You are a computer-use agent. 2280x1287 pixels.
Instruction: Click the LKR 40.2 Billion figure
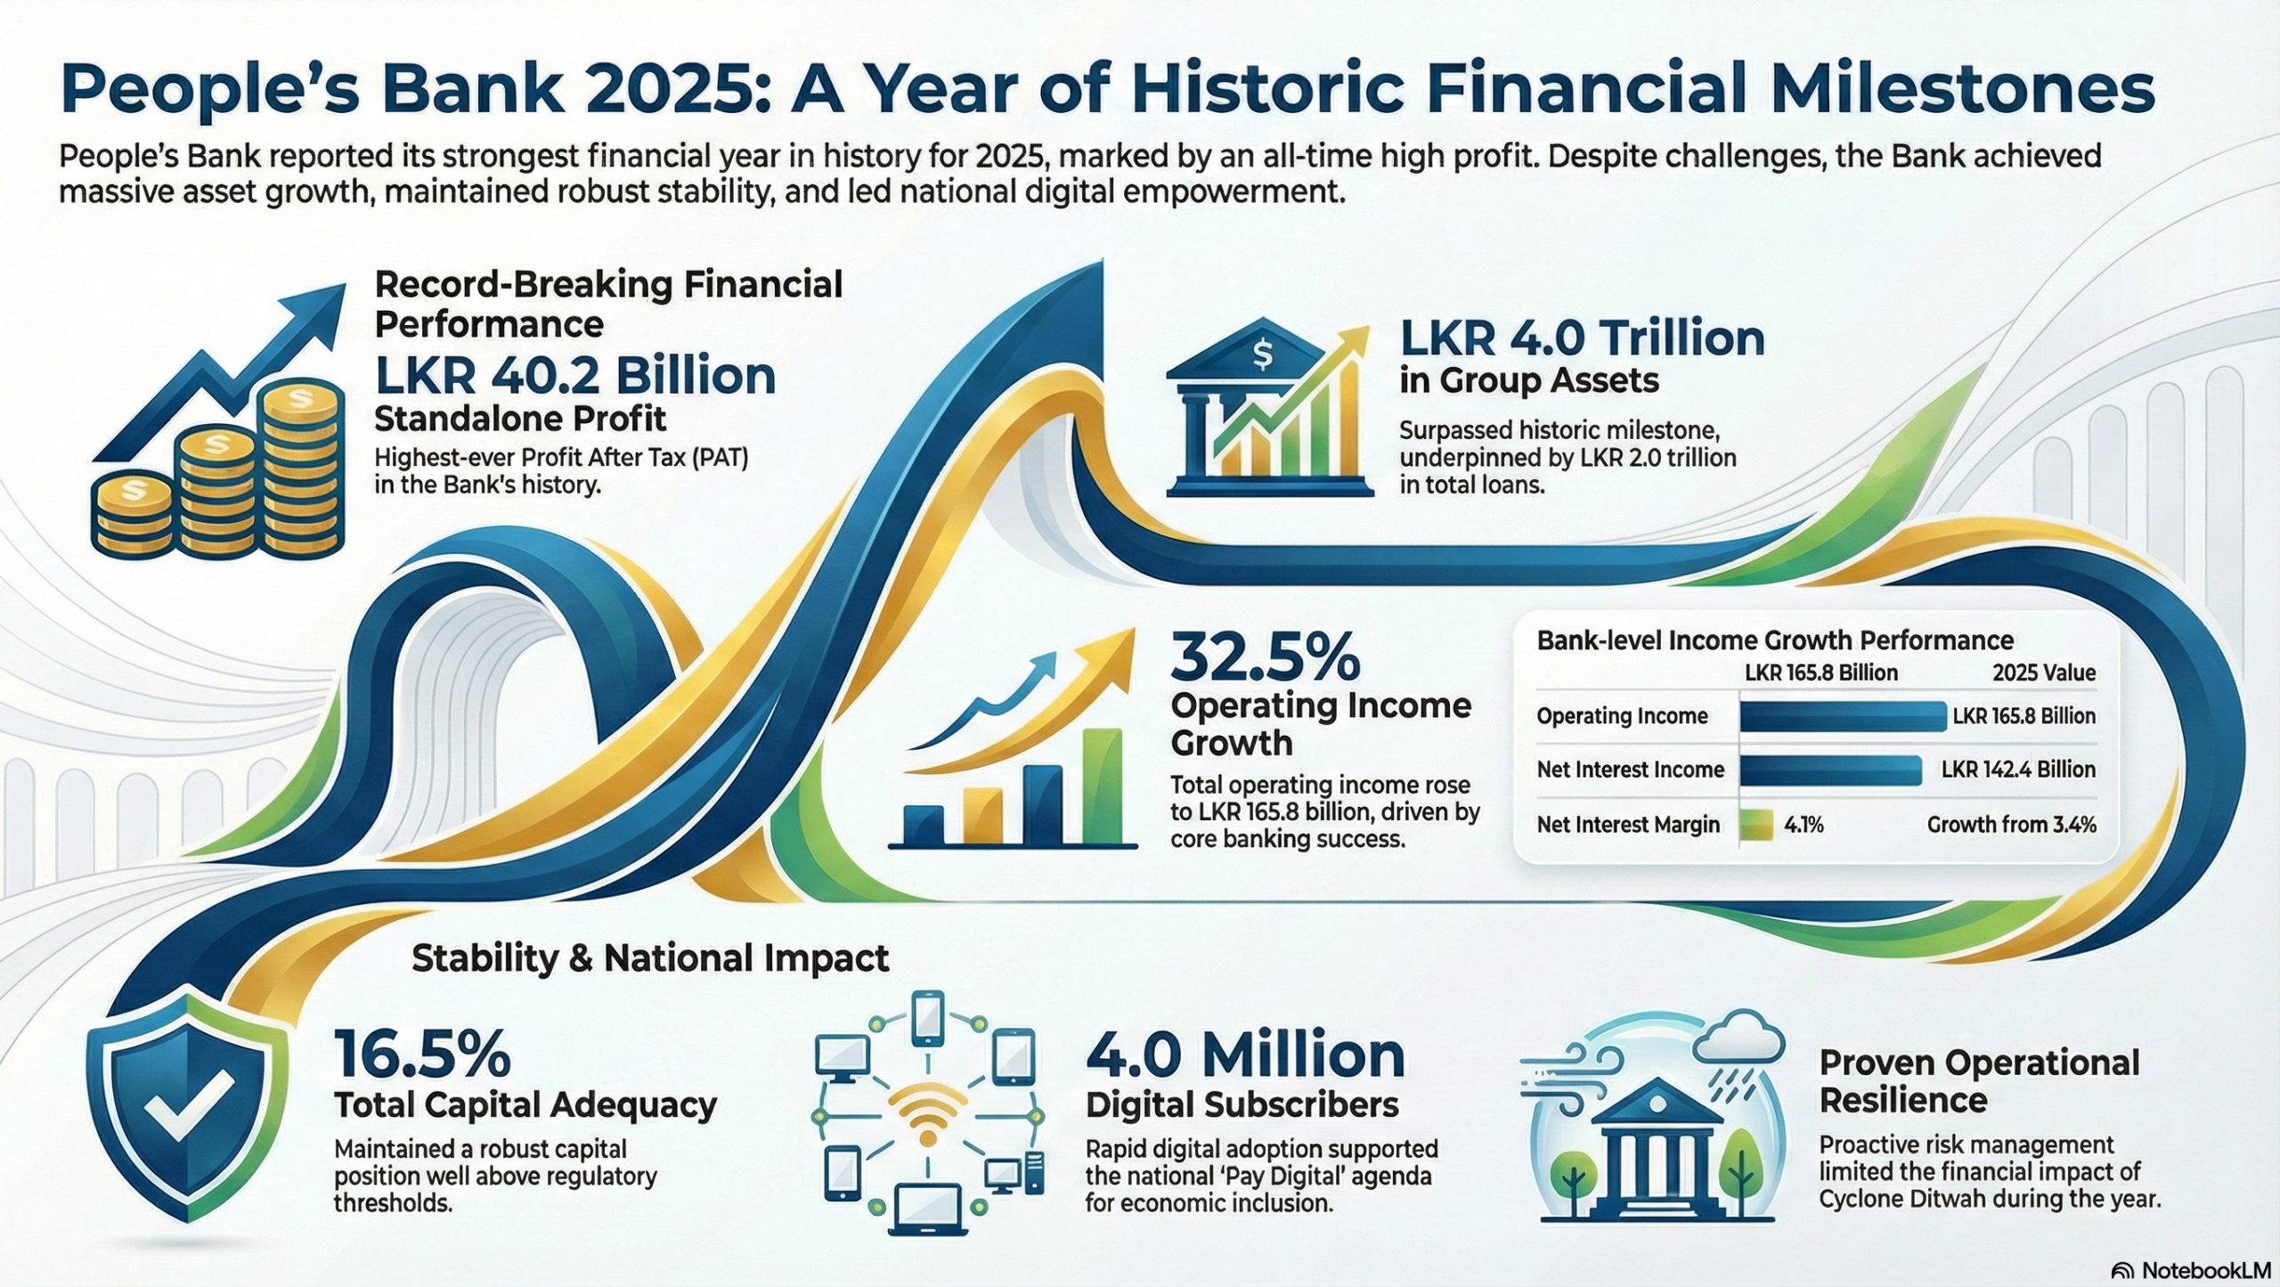coord(575,376)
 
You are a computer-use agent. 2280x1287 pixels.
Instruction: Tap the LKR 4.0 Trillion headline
coord(1582,338)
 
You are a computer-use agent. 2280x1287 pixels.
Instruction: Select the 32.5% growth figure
coord(1266,657)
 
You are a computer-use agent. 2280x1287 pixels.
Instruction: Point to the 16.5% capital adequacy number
coord(423,1055)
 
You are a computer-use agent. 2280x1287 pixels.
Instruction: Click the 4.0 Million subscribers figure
coord(1245,1055)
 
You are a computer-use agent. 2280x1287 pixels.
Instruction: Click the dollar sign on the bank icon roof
coord(1262,354)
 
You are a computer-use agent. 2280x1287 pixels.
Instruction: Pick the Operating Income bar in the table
coord(1843,716)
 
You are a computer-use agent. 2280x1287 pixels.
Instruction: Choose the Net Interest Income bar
coord(1830,770)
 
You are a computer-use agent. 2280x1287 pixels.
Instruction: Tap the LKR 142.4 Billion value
coord(2018,770)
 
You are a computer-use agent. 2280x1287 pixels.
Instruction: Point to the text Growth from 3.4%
coord(2011,825)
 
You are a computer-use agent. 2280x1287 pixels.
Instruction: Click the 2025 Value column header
coord(2044,672)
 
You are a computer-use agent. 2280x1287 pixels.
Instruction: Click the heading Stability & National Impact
coord(650,958)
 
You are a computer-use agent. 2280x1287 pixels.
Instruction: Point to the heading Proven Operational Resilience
coord(1979,1081)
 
